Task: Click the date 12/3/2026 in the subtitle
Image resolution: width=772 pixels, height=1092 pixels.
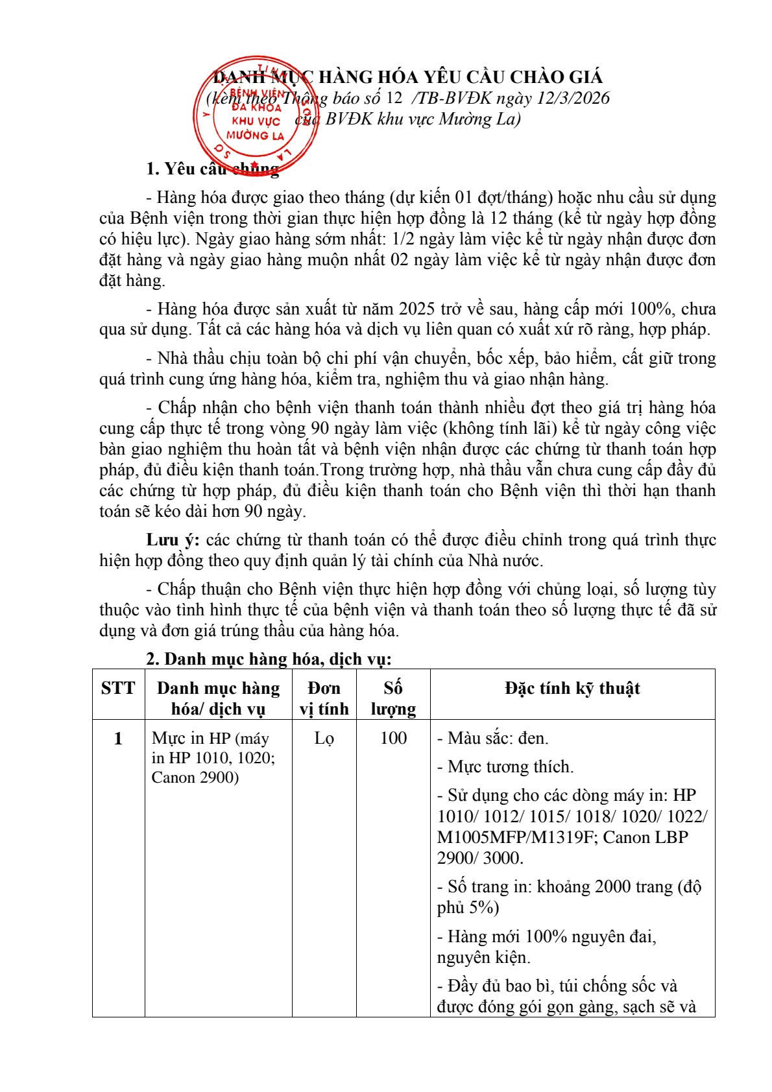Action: (570, 98)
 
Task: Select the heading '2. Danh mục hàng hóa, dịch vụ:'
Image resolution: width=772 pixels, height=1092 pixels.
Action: (269, 659)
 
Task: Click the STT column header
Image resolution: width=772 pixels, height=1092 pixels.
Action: (118, 688)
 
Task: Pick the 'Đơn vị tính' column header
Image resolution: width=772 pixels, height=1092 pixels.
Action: (324, 698)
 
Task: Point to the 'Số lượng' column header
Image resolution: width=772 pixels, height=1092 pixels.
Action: (393, 698)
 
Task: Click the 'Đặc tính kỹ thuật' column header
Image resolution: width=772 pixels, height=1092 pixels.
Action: (572, 688)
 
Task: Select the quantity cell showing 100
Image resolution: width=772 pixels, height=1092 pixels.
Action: (393, 738)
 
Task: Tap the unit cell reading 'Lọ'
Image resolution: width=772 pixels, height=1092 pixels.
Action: (324, 738)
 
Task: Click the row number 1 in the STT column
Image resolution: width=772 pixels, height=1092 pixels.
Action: (118, 738)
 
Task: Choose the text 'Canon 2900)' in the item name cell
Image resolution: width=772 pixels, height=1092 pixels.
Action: (195, 777)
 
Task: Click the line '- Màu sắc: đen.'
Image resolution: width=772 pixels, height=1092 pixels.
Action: (493, 738)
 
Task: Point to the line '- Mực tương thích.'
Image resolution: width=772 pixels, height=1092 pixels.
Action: (505, 766)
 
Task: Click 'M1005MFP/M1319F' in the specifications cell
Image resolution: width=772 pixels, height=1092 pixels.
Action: (516, 837)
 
